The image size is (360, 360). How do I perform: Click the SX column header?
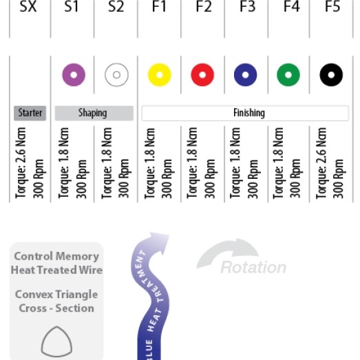pos(28,6)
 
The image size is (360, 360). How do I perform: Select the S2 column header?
pos(116,6)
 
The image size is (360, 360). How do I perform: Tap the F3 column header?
pos(247,6)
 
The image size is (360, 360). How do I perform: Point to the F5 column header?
pos(332,6)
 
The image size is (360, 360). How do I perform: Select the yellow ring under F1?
pos(153,75)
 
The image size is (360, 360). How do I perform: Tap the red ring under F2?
pos(197,75)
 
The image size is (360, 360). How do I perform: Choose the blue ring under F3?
pos(240,75)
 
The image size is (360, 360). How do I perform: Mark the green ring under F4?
pos(283,75)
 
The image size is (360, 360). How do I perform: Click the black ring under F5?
pos(326,75)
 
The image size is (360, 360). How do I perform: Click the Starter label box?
pos(30,113)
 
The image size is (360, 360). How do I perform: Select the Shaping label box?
pos(94,113)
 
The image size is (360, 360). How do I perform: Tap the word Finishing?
pos(249,113)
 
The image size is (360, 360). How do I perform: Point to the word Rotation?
pos(253,268)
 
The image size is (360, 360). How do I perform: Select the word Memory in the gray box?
pos(77,257)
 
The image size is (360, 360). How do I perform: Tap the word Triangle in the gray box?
pos(76,295)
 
